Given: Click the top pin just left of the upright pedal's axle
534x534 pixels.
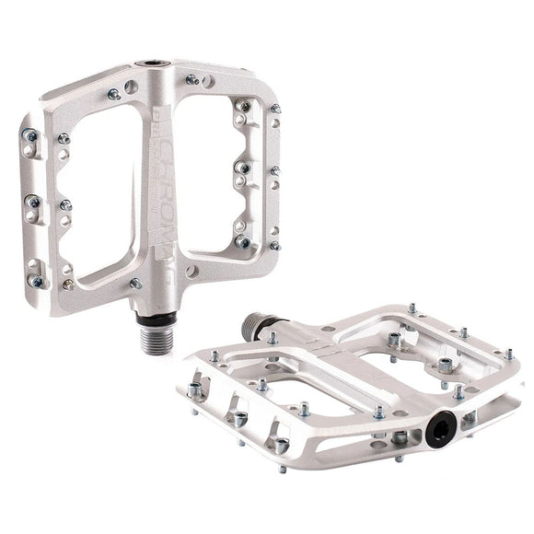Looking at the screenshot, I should point(113,94).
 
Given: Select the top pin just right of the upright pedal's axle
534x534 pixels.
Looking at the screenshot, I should point(192,80).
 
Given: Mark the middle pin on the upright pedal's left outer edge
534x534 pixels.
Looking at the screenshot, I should point(33,202).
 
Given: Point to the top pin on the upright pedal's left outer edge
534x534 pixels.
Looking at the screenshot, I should point(31,135).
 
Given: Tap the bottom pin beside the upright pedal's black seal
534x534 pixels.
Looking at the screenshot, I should point(134,284).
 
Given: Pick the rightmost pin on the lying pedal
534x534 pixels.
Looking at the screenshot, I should point(508,353).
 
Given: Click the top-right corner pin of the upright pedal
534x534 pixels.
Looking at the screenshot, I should point(274,109).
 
